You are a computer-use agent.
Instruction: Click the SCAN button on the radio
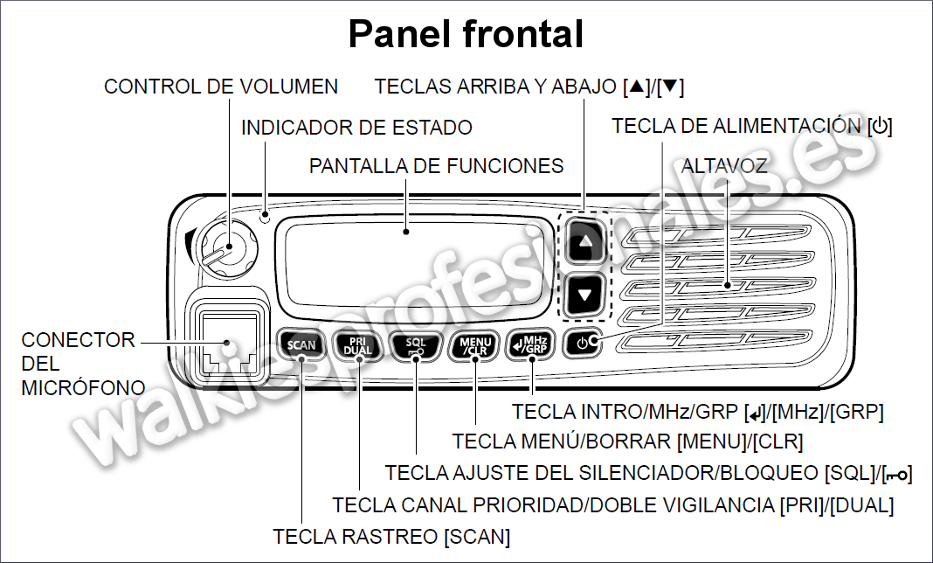tap(301, 345)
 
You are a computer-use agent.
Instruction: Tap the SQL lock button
tap(416, 345)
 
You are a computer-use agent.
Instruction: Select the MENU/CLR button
tap(475, 345)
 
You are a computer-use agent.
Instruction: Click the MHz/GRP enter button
tap(530, 345)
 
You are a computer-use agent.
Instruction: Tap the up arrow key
tap(585, 241)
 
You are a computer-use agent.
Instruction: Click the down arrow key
tap(585, 295)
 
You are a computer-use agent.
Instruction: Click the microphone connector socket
tap(227, 344)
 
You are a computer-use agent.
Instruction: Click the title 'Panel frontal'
tap(466, 34)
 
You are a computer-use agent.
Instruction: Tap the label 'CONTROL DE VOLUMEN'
tap(221, 87)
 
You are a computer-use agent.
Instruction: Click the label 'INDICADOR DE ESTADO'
tap(356, 128)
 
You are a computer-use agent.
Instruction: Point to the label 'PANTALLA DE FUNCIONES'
tap(436, 165)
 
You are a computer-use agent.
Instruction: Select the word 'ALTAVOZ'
tap(724, 165)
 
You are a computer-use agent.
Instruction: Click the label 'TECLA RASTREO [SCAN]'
tap(391, 537)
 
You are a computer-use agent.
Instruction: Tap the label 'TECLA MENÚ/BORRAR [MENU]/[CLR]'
tap(628, 441)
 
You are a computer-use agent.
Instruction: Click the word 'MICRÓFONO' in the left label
tap(83, 387)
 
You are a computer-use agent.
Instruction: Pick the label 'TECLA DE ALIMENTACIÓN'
tap(736, 126)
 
